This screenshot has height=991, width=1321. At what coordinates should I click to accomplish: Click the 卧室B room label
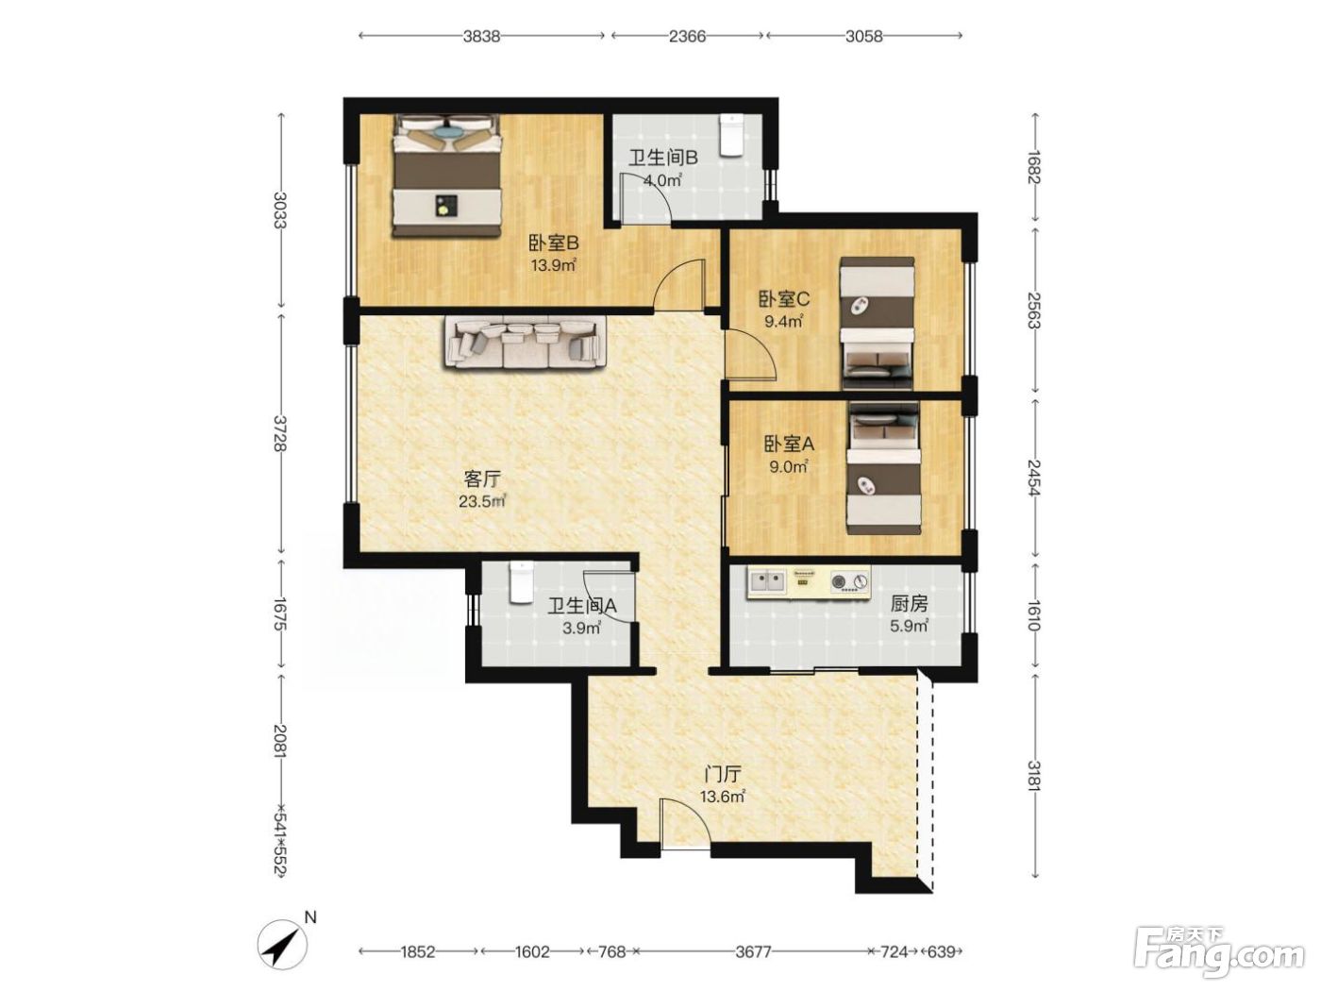pyautogui.click(x=553, y=244)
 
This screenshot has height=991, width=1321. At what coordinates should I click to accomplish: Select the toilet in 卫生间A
pyautogui.click(x=520, y=582)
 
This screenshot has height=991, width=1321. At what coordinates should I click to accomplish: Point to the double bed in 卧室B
pyautogui.click(x=447, y=176)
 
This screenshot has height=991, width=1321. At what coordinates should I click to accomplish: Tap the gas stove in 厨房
pyautogui.click(x=849, y=581)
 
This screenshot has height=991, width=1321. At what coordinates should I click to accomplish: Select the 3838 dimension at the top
pyautogui.click(x=481, y=36)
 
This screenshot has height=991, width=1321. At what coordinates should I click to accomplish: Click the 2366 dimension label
pyautogui.click(x=687, y=36)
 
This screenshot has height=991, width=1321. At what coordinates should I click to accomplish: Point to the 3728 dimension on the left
pyautogui.click(x=280, y=433)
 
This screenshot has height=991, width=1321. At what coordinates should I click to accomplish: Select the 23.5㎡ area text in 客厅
pyautogui.click(x=482, y=501)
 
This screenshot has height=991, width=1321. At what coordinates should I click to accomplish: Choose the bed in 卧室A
pyautogui.click(x=884, y=468)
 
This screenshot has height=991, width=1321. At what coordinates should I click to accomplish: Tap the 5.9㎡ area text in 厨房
pyautogui.click(x=910, y=627)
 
